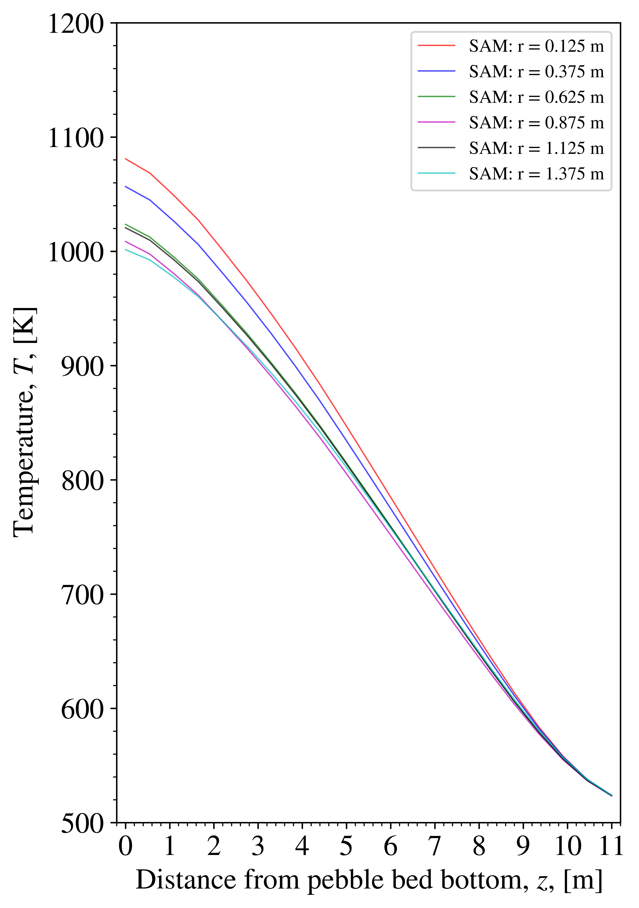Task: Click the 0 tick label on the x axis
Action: pos(125,846)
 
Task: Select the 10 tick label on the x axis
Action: pos(567,846)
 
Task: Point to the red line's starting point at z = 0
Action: pos(125,159)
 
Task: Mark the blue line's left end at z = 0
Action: pos(125,186)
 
